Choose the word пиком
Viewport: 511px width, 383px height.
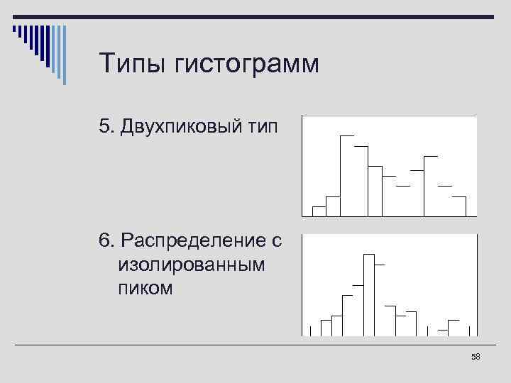[x=145, y=289]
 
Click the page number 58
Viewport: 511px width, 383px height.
[x=476, y=357]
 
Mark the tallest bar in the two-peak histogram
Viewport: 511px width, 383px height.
[x=347, y=175]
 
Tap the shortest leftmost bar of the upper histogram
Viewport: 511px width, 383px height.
[x=319, y=211]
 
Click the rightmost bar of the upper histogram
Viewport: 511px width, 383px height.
[x=459, y=206]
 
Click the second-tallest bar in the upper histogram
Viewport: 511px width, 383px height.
[x=361, y=181]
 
